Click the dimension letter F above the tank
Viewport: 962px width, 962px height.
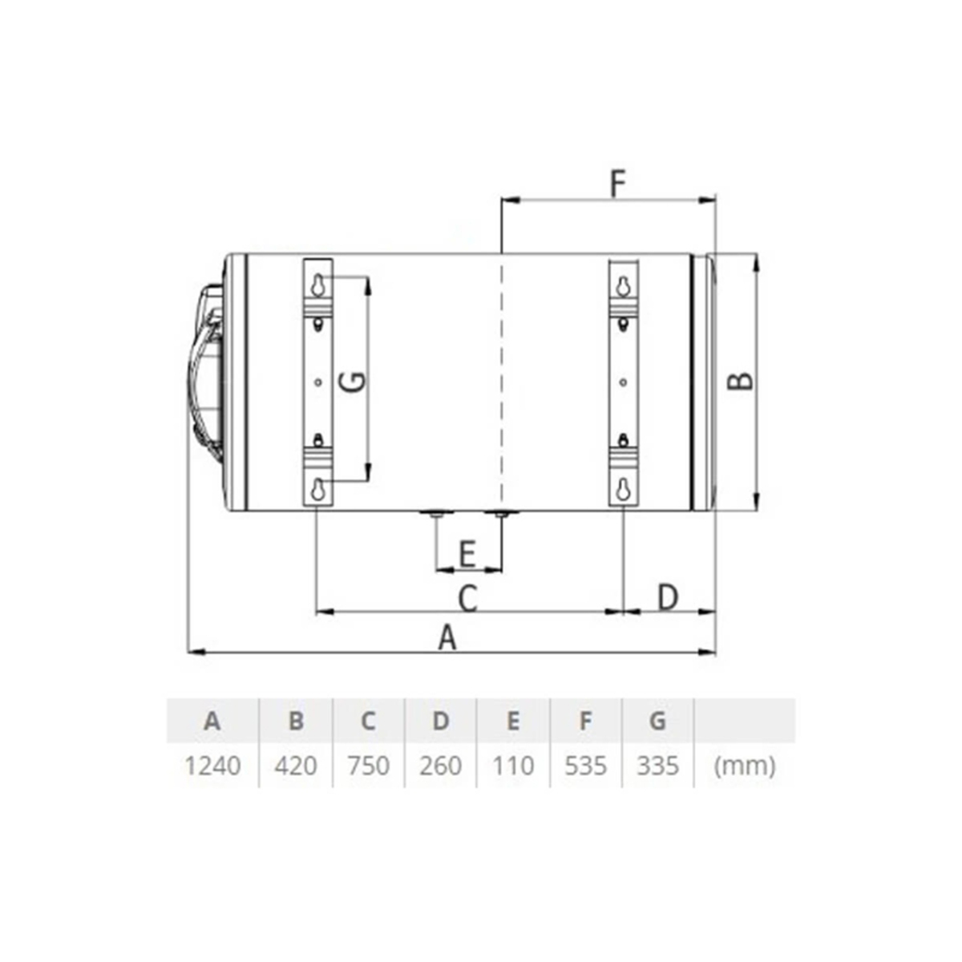[x=618, y=184]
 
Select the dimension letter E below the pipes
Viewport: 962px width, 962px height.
[x=467, y=554]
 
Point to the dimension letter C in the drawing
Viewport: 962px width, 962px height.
[x=467, y=598]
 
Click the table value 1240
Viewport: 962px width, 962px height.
[x=213, y=766]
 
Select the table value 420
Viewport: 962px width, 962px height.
[x=296, y=766]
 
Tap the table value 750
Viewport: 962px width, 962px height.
[x=369, y=766]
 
